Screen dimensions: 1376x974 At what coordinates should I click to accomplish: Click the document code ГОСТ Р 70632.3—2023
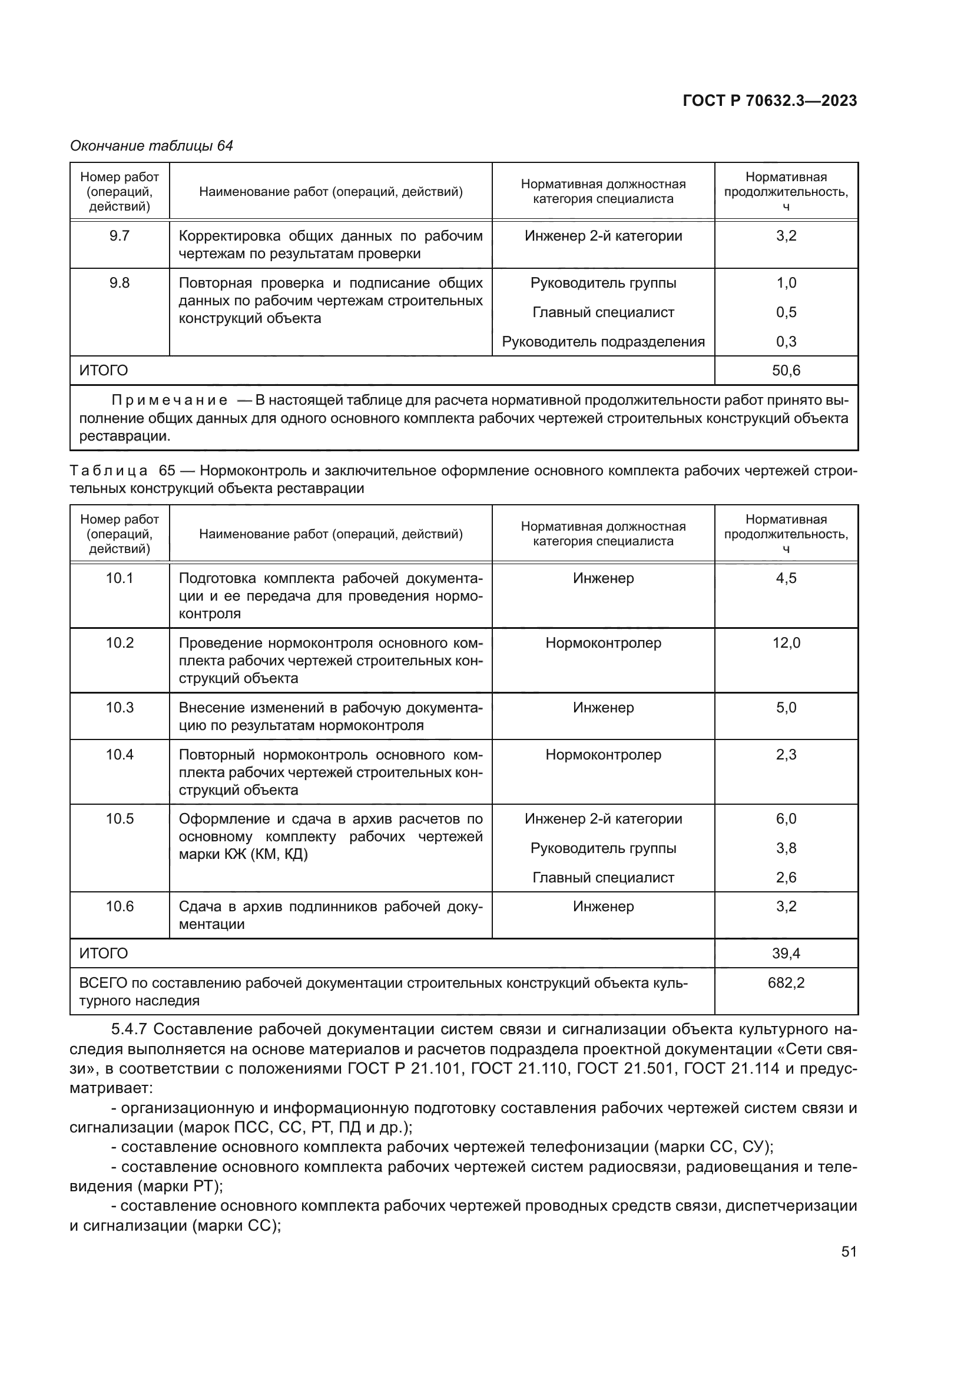770,101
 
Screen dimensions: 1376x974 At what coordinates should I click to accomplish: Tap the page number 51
849,1251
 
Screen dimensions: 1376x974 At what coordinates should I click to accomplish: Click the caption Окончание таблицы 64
151,146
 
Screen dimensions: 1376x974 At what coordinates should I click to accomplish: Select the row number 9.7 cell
120,236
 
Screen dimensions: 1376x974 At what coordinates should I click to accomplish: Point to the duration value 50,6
786,371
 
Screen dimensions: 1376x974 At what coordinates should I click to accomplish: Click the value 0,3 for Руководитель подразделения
786,342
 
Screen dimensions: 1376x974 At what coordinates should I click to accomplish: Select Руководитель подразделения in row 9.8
603,342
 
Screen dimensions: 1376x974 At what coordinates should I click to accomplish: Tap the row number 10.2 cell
120,643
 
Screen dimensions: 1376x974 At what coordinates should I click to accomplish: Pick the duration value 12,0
786,643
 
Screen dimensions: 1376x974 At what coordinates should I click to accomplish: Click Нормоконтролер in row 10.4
603,755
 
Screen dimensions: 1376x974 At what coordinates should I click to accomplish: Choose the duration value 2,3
786,755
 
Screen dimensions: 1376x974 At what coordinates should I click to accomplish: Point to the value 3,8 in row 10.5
786,848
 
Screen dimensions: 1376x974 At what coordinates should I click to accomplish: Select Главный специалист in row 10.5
603,877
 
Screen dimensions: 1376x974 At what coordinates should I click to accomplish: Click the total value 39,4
786,953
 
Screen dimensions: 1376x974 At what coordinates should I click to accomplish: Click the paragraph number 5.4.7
129,1029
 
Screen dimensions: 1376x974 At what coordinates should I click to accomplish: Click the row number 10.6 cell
120,906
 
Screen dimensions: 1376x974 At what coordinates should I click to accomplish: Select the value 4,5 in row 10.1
786,578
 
